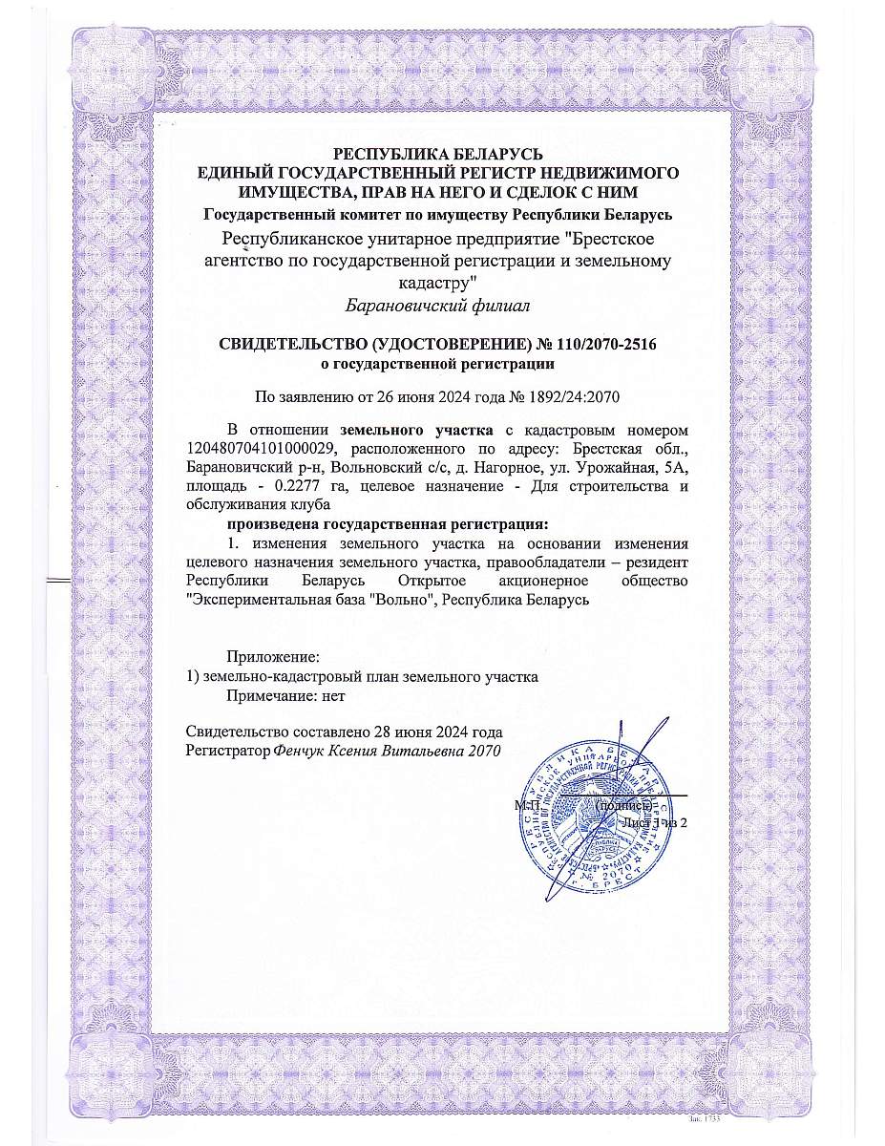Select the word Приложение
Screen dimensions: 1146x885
(x=271, y=657)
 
